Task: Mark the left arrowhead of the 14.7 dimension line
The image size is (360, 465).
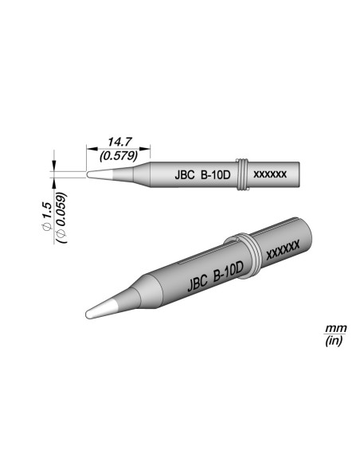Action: pos(89,149)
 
